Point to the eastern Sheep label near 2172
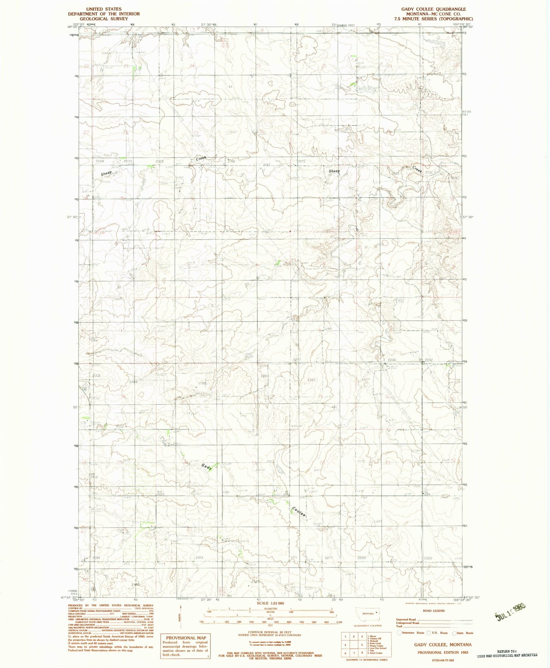tap(334, 171)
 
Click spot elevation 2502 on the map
tap(96, 376)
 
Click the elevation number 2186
tap(231, 161)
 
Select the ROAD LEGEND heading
tap(434, 611)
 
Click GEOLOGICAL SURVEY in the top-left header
tap(104, 19)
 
